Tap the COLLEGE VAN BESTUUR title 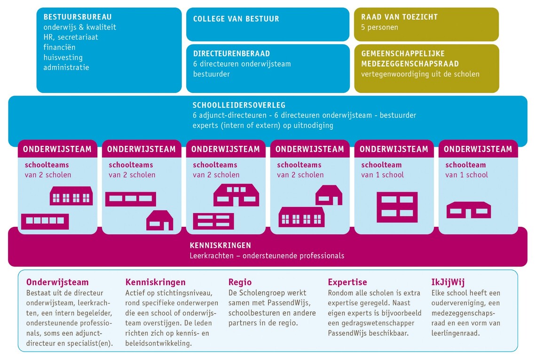(236, 19)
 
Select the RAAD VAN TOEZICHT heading (399, 17)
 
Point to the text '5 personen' (379, 27)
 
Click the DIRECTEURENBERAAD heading (231, 54)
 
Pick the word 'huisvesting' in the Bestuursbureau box (63, 57)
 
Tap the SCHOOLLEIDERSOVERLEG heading (239, 105)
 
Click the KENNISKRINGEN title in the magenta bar (220, 245)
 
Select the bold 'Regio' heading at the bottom (240, 282)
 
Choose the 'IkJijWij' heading (448, 282)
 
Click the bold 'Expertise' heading (347, 282)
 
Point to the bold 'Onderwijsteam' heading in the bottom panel (57, 282)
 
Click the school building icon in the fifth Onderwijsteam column (397, 207)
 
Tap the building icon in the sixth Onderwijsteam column (468, 210)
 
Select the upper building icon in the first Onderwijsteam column (71, 196)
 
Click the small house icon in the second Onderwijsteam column (159, 220)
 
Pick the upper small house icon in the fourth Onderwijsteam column (328, 195)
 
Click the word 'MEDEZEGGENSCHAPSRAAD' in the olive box (410, 64)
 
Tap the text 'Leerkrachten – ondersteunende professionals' (267, 256)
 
